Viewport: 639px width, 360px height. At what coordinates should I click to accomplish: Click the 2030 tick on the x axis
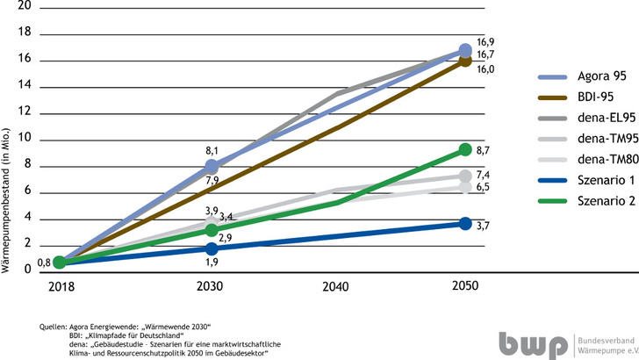pos(211,286)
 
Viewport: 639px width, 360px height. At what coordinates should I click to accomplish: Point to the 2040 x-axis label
pos(338,286)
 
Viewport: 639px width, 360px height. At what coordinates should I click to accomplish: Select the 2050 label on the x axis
pos(465,286)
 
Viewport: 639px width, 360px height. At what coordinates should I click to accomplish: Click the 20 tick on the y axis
pos(25,5)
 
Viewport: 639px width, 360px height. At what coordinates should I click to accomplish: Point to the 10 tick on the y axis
pos(25,138)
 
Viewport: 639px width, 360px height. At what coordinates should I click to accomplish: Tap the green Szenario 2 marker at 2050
pos(465,149)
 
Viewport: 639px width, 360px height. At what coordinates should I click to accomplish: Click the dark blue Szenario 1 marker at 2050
pos(465,224)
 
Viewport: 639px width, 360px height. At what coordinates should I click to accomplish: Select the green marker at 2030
pos(211,230)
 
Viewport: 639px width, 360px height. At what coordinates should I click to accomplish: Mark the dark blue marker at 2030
pos(211,248)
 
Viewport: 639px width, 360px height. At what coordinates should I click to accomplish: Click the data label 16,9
pos(485,42)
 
